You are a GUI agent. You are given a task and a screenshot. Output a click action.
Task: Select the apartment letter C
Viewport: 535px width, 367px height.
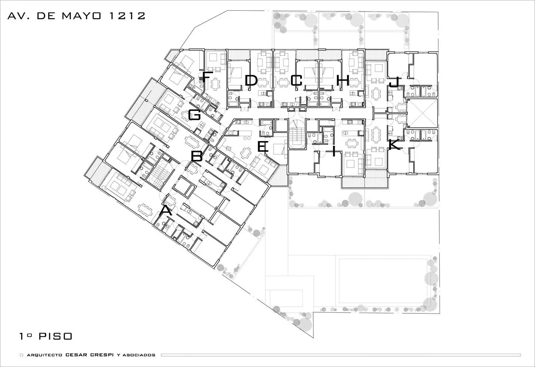297,80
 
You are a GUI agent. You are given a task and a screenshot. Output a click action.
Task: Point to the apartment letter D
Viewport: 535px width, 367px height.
251,80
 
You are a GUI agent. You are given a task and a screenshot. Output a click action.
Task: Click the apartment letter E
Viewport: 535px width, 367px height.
263,147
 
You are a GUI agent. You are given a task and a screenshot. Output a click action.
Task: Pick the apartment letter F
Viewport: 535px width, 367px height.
206,77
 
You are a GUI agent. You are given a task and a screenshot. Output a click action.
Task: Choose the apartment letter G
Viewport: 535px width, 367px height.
194,115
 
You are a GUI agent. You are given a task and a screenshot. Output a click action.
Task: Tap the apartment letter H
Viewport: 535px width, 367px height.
343,80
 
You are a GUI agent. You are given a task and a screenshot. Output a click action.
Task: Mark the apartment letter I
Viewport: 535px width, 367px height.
334,151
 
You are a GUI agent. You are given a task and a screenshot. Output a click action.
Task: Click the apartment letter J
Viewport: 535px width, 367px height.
394,82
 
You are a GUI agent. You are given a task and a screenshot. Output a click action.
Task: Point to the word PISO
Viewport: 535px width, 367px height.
55,336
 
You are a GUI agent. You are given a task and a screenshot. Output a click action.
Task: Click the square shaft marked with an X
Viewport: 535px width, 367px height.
422,113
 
